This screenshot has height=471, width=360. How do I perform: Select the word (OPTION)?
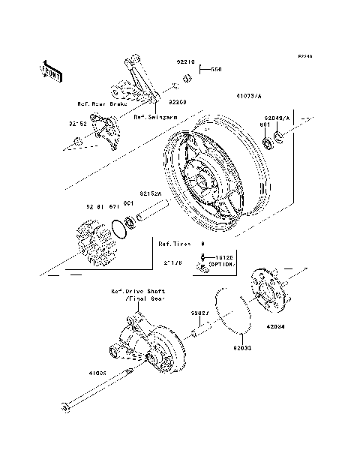point(221,265)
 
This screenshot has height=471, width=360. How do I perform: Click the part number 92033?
point(241,348)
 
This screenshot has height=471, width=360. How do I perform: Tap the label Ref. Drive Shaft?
point(138,290)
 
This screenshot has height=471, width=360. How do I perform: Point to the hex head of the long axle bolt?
point(65,408)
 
